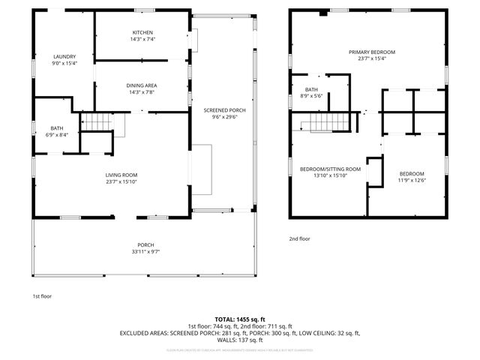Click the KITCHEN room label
(x=142, y=33)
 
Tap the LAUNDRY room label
(x=64, y=57)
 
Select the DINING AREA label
(x=141, y=85)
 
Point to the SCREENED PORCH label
(x=224, y=110)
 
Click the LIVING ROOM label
(x=121, y=175)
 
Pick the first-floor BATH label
(x=57, y=128)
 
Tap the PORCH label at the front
(x=145, y=244)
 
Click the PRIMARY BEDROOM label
(x=371, y=52)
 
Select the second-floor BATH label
(x=311, y=89)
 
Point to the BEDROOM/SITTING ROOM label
(x=330, y=169)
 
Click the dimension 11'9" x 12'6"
(x=411, y=180)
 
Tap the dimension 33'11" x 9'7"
(x=145, y=251)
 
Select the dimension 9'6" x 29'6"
(x=224, y=117)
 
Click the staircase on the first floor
(x=96, y=121)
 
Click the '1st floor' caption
(x=43, y=296)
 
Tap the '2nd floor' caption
(x=299, y=239)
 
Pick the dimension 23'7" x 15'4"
(x=371, y=58)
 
